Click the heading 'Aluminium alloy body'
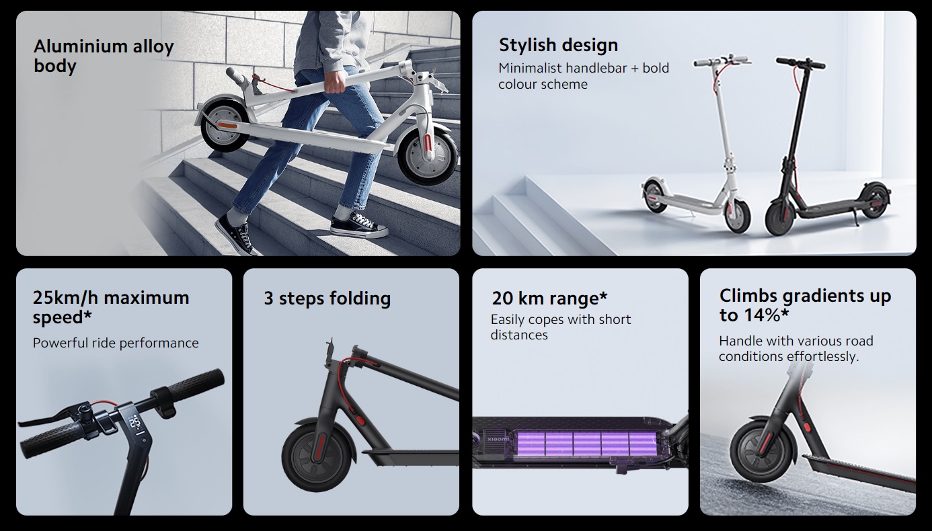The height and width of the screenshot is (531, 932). pos(104,56)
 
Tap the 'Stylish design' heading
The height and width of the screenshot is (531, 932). pos(558,45)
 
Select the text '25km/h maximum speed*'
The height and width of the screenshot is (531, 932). pos(111,307)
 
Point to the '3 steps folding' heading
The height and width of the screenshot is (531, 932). pos(327,298)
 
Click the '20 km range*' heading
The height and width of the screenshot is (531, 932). pos(549,298)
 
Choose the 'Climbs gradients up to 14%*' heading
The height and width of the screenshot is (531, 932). pos(805,305)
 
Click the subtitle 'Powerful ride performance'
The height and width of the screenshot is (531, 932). pos(116,343)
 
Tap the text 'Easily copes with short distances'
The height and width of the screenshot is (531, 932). pos(561,327)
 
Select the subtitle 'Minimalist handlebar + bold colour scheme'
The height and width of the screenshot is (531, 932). pos(583,76)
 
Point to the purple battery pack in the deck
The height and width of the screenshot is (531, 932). pos(586,443)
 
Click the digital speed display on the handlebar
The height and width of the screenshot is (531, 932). pos(134,423)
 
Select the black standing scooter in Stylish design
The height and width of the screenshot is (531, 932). pos(820,155)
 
